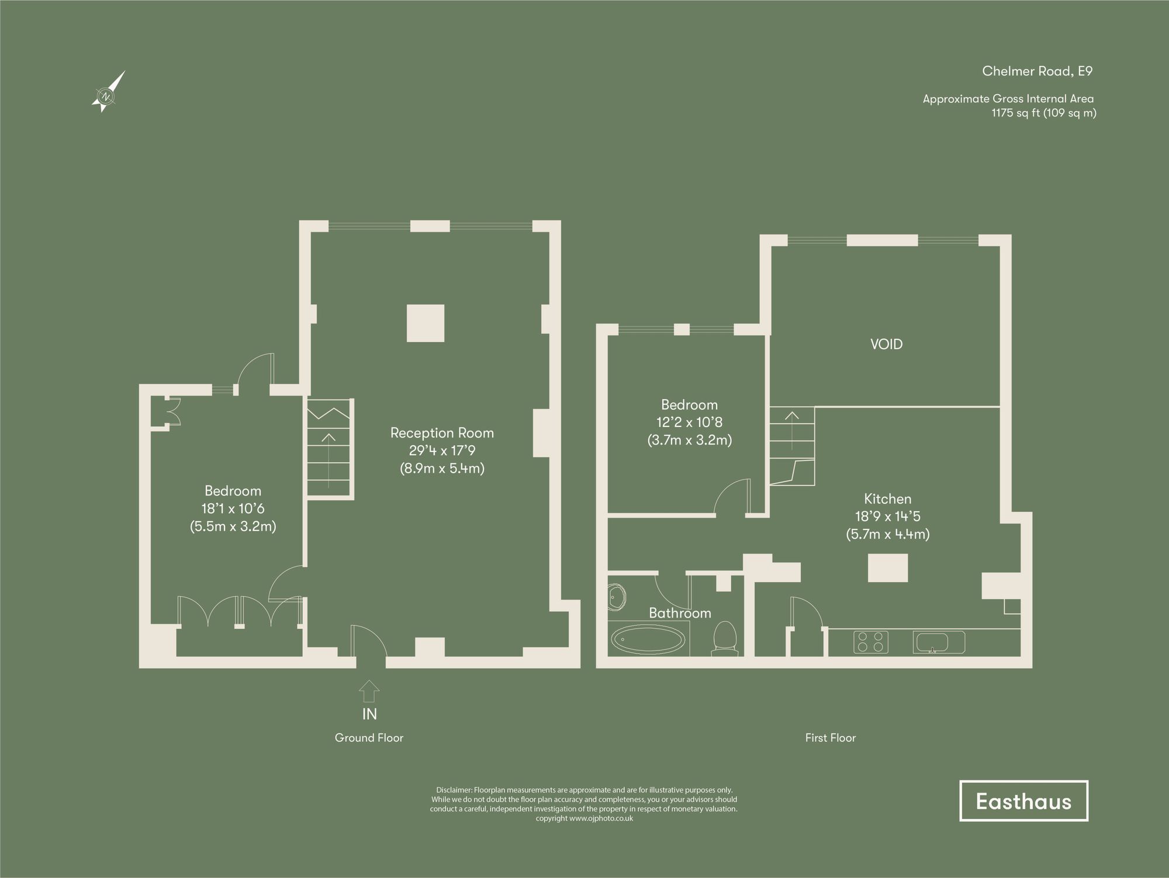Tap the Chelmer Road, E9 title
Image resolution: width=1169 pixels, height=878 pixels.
1037,71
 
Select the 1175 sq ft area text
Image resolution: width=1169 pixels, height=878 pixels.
1043,113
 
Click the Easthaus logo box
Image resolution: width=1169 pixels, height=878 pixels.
1023,801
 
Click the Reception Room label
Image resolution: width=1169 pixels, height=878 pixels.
442,433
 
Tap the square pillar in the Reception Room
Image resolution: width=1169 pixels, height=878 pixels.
426,323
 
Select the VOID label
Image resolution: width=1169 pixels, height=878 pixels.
886,344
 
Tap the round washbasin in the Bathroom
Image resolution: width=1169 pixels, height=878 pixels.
617,597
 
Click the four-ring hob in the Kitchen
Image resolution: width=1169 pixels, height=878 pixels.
871,642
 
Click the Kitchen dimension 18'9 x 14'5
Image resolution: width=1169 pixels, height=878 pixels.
887,517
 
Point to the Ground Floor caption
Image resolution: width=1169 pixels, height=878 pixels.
369,738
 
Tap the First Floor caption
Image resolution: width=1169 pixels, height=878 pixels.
830,738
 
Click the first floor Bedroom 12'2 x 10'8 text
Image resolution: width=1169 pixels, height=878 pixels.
689,422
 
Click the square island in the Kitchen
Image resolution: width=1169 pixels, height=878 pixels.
887,568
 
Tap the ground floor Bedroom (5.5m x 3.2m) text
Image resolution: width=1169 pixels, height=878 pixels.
233,526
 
